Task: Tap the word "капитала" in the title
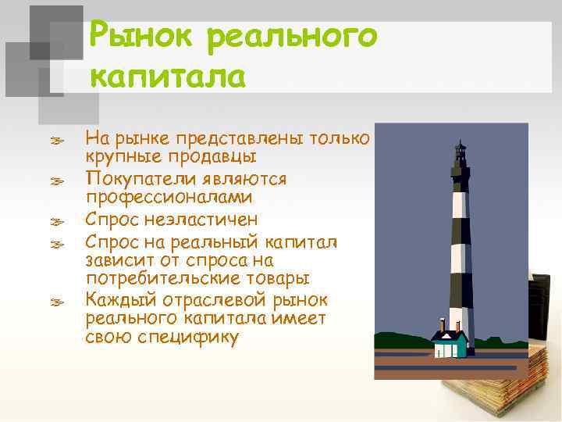168,78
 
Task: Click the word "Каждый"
117,300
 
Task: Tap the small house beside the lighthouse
450,343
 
